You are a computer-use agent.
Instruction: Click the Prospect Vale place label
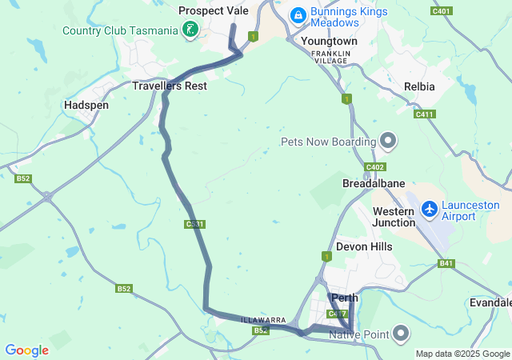tap(214, 10)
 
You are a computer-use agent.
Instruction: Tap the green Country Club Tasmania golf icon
tap(190, 30)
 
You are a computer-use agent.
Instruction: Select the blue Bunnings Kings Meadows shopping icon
tap(298, 14)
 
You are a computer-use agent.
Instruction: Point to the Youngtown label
tap(329, 40)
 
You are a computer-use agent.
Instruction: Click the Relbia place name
tap(420, 86)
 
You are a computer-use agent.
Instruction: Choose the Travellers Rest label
tap(170, 86)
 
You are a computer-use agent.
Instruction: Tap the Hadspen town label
tap(86, 105)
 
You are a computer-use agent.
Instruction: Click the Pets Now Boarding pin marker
tap(389, 142)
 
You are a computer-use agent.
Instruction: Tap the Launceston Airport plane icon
tap(430, 209)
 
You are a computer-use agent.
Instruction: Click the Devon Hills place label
tap(364, 246)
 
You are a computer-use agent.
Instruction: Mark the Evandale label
tap(490, 302)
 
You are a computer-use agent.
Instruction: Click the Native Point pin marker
tap(402, 332)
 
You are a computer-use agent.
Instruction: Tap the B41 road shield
tap(446, 263)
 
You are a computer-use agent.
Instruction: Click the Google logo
tap(26, 350)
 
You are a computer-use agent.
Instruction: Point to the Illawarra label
tap(264, 320)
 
